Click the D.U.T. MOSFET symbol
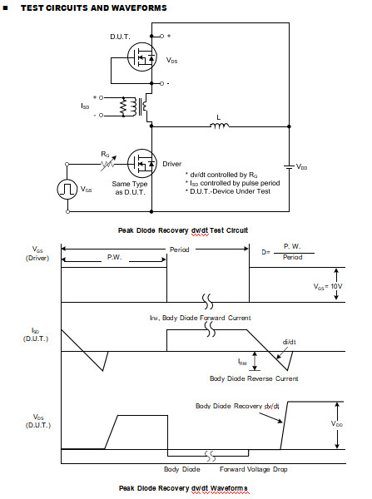[x=141, y=57]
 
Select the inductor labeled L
[x=220, y=127]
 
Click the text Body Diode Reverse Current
[x=253, y=378]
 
